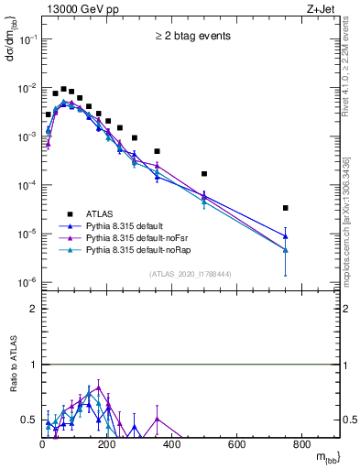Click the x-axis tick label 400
(171, 445)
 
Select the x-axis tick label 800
(301, 445)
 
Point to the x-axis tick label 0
(42, 445)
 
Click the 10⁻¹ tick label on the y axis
(27, 39)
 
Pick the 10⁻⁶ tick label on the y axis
(27, 282)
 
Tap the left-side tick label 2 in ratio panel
(33, 309)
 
